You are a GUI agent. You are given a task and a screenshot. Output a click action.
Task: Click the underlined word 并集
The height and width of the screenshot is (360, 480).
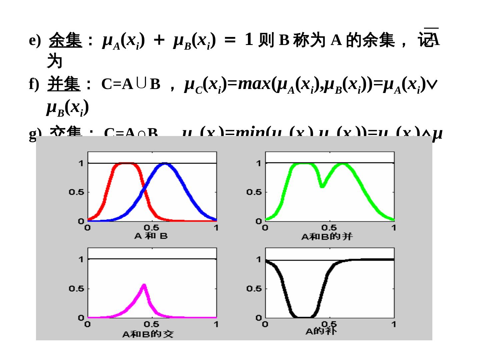(64, 84)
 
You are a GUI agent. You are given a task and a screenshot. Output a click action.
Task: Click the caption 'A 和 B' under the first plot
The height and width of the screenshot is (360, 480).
(151, 236)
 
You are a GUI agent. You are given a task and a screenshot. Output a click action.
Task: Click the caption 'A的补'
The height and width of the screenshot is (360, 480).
(321, 331)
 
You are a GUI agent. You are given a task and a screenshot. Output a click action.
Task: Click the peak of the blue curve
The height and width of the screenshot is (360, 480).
(165, 164)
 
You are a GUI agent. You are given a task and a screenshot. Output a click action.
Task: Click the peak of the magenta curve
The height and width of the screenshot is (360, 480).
(144, 285)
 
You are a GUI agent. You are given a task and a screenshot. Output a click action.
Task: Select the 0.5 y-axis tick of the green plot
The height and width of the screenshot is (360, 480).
(254, 192)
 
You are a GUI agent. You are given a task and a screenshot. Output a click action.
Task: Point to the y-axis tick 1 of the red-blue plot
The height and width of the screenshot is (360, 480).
(81, 163)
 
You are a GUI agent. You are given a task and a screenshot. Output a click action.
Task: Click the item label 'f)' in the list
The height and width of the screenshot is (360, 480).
(34, 85)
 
